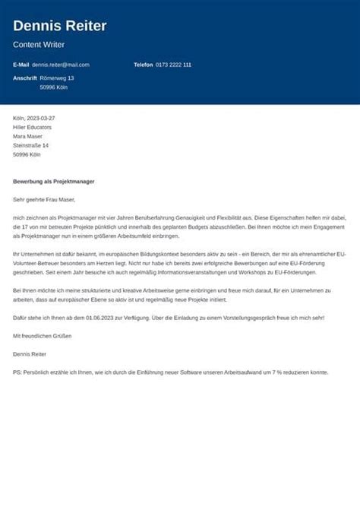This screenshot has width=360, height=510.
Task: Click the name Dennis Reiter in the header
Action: tap(60, 27)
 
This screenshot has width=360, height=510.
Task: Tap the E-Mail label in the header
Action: tap(21, 65)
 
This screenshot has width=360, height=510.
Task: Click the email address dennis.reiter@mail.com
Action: tap(61, 65)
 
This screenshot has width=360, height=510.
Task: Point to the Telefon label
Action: tap(144, 65)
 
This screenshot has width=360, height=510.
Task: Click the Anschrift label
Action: tap(24, 78)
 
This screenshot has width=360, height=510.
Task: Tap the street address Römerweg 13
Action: tap(57, 78)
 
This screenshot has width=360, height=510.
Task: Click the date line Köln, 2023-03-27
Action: tap(34, 119)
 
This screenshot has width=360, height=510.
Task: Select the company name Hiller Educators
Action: tap(33, 128)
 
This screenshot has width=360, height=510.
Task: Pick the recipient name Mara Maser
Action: tap(28, 137)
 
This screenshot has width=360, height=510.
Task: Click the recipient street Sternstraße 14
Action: tap(31, 146)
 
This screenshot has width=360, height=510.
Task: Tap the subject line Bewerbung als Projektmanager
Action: tap(53, 182)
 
